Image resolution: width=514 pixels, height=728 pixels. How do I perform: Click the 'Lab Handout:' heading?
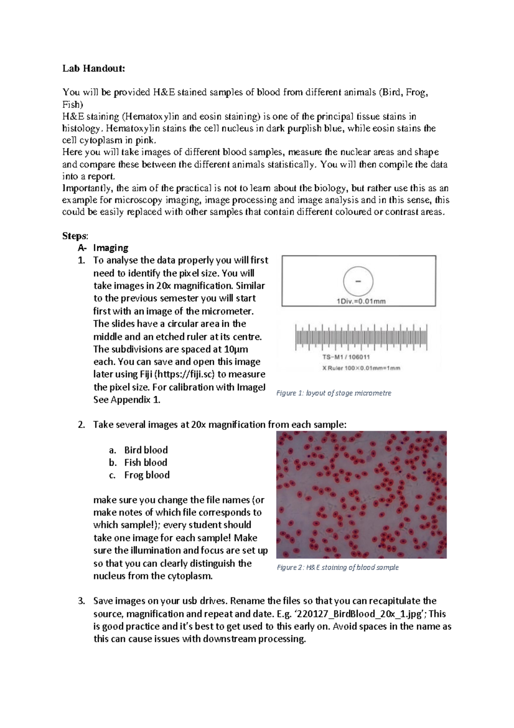tap(93, 69)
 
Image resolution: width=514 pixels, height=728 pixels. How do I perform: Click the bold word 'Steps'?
tap(75, 236)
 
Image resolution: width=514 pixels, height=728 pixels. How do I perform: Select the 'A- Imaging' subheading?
tap(103, 248)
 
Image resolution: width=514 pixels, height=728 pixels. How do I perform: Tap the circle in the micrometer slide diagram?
tap(358, 281)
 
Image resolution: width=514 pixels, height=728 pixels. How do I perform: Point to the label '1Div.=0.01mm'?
tap(361, 301)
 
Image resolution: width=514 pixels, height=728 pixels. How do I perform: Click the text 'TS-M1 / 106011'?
tap(346, 357)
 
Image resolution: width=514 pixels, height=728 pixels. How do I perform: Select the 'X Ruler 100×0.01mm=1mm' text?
tap(361, 368)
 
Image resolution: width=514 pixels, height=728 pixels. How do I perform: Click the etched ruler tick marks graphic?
tap(361, 337)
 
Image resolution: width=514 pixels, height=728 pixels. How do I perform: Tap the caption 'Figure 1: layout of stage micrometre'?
tap(334, 393)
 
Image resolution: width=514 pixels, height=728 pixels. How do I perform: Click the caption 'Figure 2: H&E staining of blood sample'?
tap(338, 567)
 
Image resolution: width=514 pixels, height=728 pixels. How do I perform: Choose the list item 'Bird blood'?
tap(146, 450)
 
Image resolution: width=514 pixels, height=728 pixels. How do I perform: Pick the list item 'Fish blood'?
tap(146, 462)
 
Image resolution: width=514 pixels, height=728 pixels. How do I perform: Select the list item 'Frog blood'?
tap(146, 475)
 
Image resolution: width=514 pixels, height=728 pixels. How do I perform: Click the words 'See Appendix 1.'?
tap(127, 400)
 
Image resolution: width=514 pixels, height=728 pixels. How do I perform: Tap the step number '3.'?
tap(81, 601)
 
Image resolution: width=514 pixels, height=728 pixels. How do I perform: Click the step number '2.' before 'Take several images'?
tap(81, 425)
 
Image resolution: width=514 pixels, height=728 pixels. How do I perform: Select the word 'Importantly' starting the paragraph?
tap(87, 188)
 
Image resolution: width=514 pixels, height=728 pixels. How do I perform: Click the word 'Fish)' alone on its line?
tap(72, 105)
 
